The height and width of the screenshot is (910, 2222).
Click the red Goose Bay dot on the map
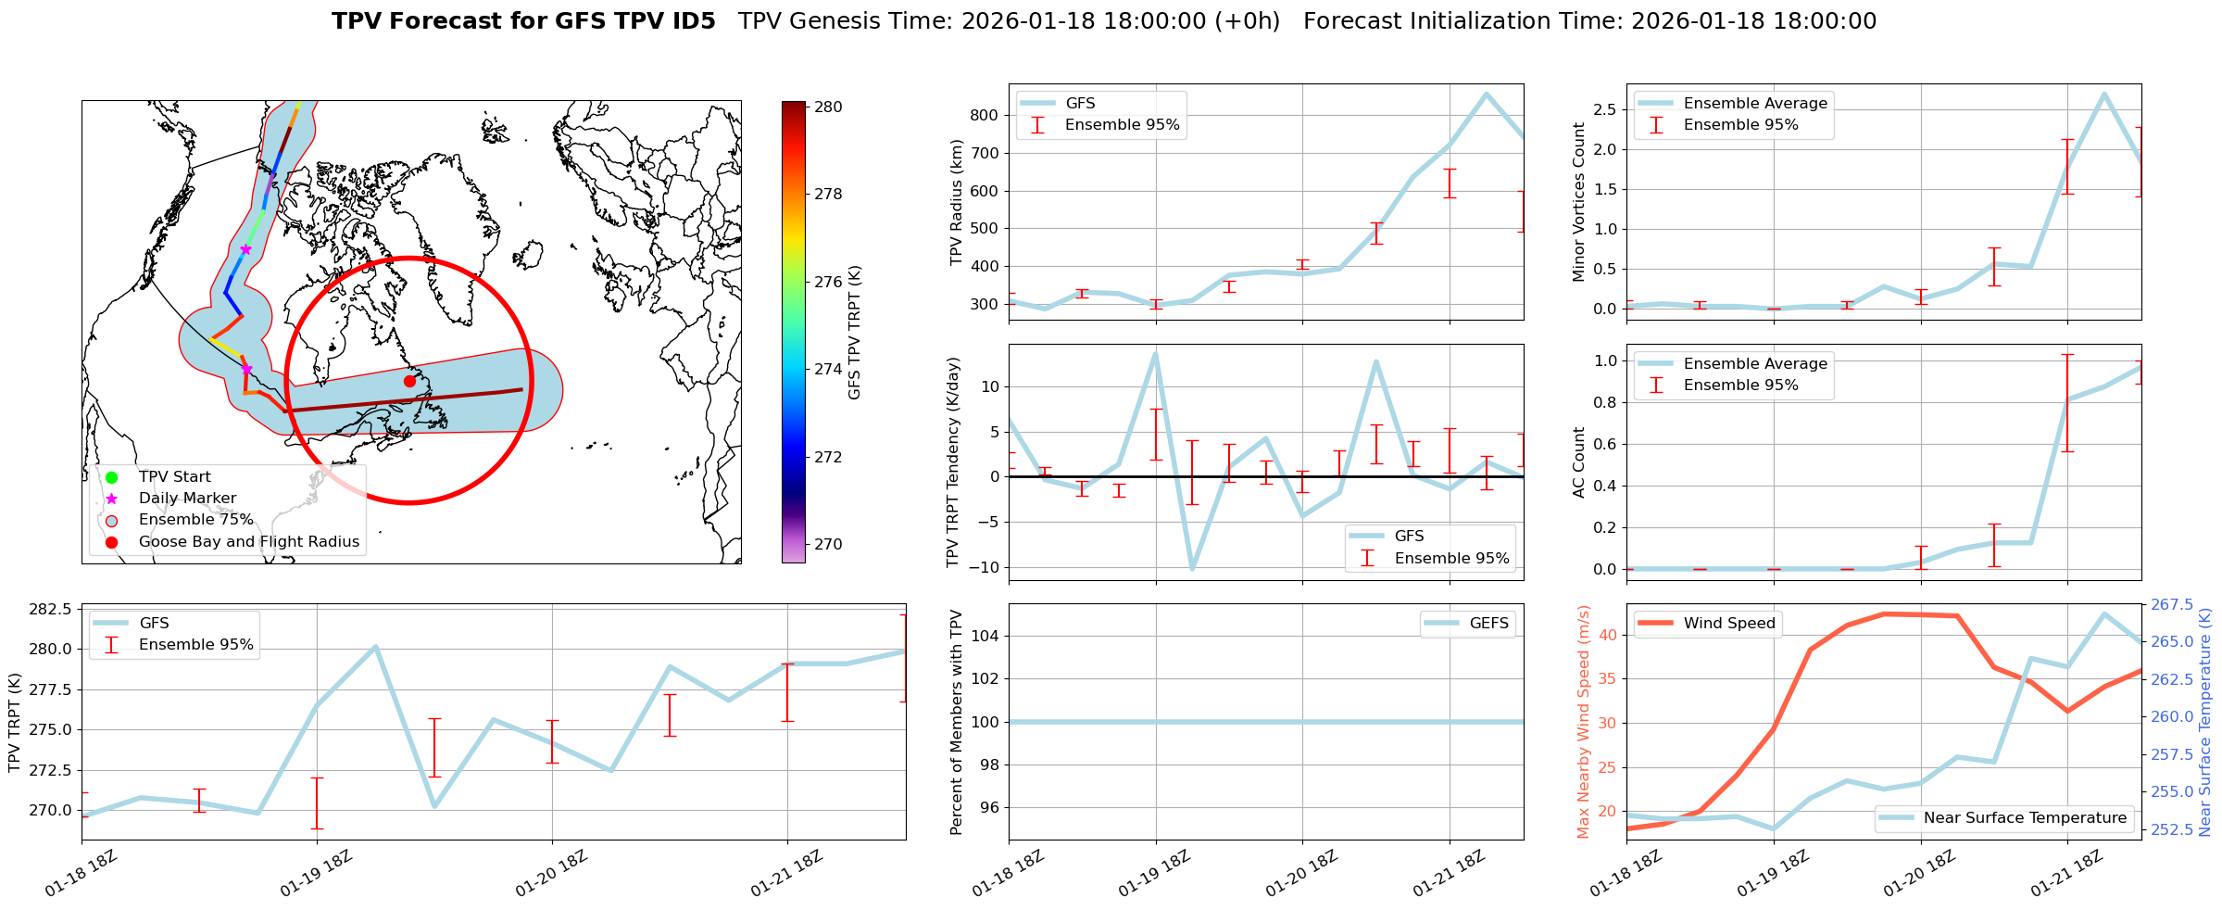point(409,381)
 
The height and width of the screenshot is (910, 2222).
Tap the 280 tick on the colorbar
point(827,107)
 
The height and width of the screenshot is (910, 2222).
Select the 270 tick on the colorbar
point(827,544)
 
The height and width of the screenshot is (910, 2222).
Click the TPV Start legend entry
point(174,477)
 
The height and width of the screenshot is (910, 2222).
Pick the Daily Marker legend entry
point(187,499)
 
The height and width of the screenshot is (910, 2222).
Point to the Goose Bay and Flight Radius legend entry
point(248,542)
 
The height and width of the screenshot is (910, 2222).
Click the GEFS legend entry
point(1488,624)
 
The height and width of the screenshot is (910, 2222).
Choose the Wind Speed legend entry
point(1728,624)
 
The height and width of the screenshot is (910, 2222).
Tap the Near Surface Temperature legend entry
point(2024,818)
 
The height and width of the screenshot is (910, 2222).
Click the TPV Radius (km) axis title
point(957,202)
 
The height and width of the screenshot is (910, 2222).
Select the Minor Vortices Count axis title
point(1578,202)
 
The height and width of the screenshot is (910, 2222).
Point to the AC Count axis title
point(1578,462)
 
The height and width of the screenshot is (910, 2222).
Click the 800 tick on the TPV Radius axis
point(985,116)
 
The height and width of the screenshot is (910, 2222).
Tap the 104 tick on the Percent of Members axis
point(985,636)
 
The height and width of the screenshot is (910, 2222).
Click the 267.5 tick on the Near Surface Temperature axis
point(2172,605)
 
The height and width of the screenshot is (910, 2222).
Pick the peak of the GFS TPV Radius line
point(1487,94)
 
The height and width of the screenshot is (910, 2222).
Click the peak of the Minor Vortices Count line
point(2103,94)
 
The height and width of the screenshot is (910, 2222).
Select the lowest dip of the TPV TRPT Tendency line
point(1192,568)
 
